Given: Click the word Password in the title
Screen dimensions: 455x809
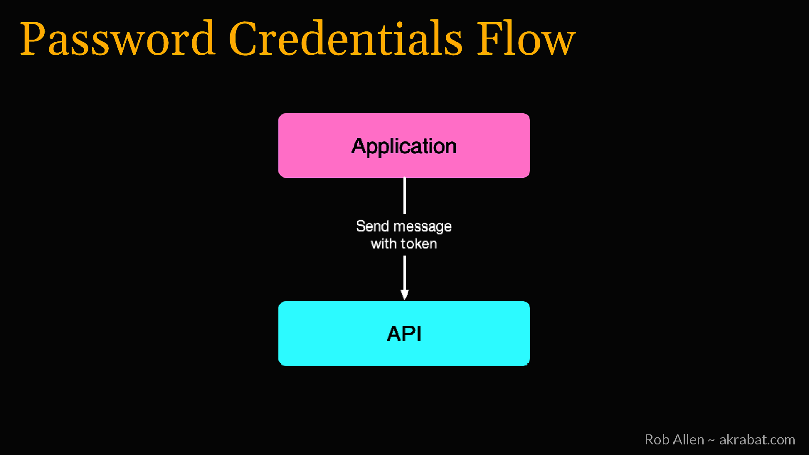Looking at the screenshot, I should click(118, 39).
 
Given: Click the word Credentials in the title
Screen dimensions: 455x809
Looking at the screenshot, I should click(345, 39).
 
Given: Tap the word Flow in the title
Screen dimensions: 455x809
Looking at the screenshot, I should click(526, 39).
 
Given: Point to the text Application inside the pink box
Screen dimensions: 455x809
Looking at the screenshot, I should click(404, 146).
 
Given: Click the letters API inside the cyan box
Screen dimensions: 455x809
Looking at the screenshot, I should click(404, 334).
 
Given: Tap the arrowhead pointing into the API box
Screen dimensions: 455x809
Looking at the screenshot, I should click(404, 294).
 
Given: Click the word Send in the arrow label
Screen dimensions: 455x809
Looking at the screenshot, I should click(373, 226).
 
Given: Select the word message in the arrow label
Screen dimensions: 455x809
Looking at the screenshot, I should click(422, 226).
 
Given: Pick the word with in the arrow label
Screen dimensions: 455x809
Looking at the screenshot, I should click(384, 244).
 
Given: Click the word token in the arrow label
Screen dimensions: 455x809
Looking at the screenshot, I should click(418, 244).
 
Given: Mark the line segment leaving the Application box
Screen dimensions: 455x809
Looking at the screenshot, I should click(404, 196).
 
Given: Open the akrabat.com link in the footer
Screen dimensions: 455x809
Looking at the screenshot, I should click(757, 440).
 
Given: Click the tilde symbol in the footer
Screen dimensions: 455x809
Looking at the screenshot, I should click(711, 440).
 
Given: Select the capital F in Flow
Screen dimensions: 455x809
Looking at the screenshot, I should click(490, 39).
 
